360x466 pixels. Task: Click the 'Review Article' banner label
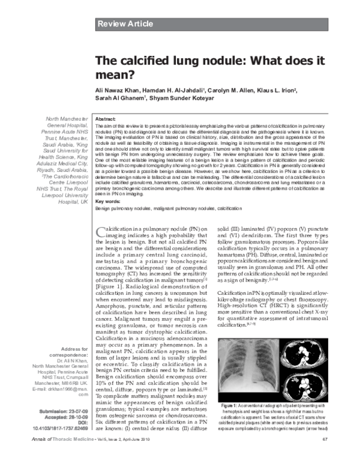tap(125, 24)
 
